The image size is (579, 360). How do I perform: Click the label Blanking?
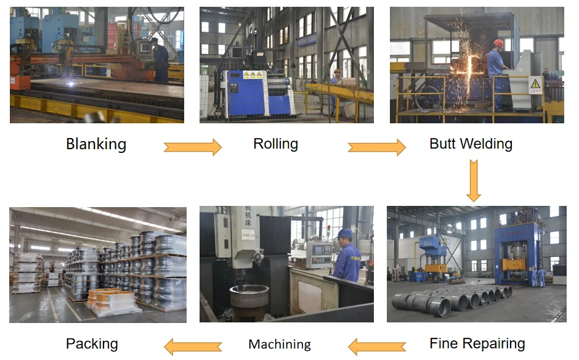[x=96, y=144]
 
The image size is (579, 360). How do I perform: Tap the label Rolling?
[x=275, y=144]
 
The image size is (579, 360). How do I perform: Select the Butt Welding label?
[x=471, y=144]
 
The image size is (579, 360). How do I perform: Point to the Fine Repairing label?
[x=477, y=343]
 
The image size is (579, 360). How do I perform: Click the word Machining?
[x=280, y=344]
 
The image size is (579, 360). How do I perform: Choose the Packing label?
[x=92, y=343]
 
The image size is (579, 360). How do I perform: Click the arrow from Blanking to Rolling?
[x=192, y=147]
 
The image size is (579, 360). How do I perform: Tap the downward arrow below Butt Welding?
[x=473, y=180]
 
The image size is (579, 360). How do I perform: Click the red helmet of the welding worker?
[x=498, y=43]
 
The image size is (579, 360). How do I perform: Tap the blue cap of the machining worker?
[x=344, y=234]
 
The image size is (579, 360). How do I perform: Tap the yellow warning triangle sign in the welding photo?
[x=535, y=83]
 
